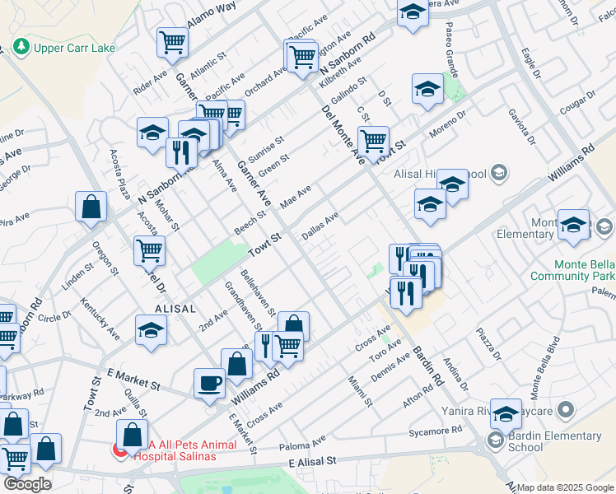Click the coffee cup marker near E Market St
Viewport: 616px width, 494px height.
coord(209,382)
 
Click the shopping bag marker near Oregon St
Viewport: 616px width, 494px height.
coord(90,207)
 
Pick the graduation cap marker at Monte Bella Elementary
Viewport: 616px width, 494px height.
coord(573,225)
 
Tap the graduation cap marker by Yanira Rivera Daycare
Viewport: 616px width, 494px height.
coord(506,412)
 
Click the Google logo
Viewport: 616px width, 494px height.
coord(26,484)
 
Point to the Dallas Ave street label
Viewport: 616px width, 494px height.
coord(320,226)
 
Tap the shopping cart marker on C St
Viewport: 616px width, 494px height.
coord(373,140)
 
